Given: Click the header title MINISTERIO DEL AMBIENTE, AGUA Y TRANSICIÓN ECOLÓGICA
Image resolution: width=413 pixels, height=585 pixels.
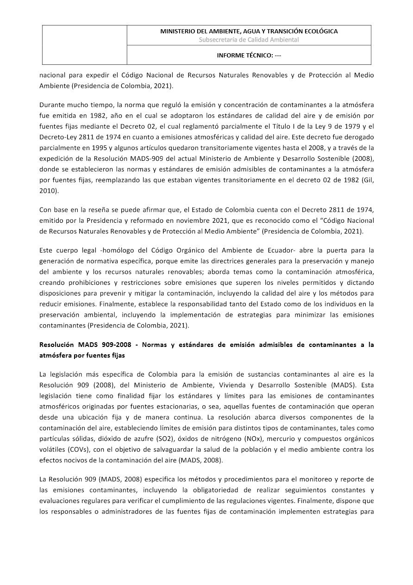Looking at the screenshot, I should click(249, 31).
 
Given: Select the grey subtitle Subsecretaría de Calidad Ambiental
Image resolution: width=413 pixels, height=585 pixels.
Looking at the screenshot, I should click(249, 40).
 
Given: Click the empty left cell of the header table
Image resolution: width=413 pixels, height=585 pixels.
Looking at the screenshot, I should click(85, 44).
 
